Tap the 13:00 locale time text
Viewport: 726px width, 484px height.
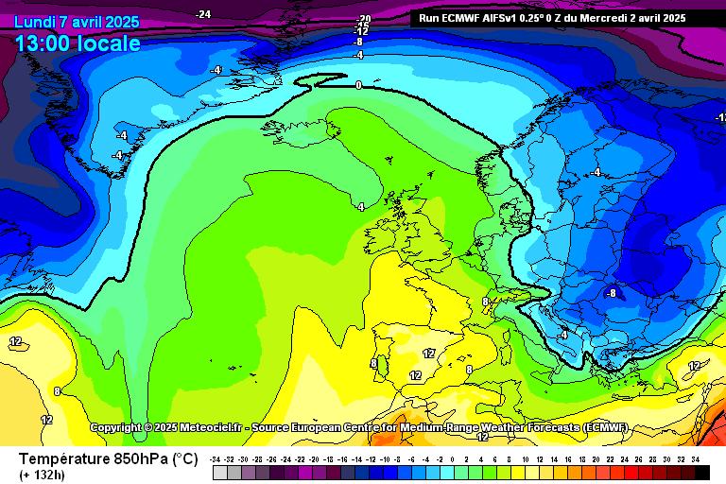(x=78, y=43)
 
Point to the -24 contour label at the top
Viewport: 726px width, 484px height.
(x=202, y=14)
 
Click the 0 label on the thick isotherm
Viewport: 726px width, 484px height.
(x=358, y=85)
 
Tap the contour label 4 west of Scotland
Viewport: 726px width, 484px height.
(x=361, y=206)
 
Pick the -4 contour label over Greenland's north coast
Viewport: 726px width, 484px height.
(x=216, y=70)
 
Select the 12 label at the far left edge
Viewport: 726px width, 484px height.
(x=16, y=341)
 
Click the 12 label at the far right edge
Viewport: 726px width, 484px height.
(x=694, y=366)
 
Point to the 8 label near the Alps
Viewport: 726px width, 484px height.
(x=486, y=302)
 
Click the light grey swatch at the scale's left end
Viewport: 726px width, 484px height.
(x=218, y=472)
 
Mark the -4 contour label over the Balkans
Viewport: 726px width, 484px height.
(x=563, y=335)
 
